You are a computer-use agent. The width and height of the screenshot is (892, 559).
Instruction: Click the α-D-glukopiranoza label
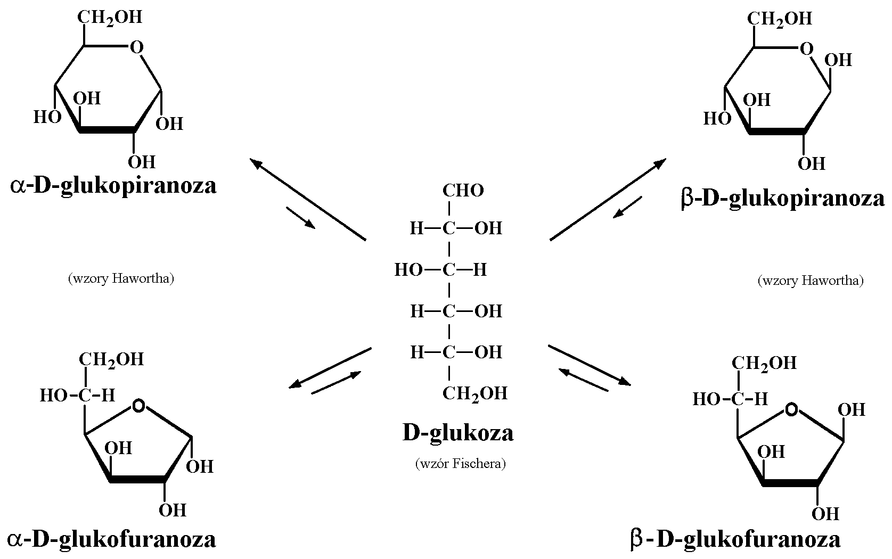click(x=113, y=186)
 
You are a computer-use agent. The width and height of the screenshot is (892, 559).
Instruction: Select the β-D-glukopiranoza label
click(x=783, y=199)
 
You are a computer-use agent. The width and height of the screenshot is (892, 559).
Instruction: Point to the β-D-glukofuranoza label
click(x=735, y=539)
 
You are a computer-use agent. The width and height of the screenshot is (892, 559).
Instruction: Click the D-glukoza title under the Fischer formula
click(x=458, y=432)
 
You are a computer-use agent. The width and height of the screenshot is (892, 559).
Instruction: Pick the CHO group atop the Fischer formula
click(x=463, y=191)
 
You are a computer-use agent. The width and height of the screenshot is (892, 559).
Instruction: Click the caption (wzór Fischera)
click(x=460, y=464)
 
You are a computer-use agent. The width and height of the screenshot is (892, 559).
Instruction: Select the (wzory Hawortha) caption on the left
click(x=121, y=278)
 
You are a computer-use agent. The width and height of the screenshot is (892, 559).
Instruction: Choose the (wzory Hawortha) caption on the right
click(x=811, y=281)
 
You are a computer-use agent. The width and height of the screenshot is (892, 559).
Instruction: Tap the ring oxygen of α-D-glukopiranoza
click(x=137, y=48)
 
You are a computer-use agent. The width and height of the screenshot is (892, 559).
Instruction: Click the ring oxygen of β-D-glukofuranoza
click(x=792, y=409)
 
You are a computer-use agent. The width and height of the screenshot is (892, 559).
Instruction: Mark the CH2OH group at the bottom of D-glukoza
click(x=474, y=393)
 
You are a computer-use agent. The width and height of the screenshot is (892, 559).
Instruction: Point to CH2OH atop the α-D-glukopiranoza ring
click(x=110, y=18)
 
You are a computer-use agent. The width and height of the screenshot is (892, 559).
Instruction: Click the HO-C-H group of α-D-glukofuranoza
click(x=78, y=395)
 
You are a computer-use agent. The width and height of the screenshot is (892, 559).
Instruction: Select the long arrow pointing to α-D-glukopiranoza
click(x=308, y=199)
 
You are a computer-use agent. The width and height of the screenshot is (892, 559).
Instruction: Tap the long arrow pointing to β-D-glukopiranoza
click(x=608, y=199)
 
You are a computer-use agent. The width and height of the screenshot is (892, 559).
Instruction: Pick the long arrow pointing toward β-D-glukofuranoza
click(x=589, y=365)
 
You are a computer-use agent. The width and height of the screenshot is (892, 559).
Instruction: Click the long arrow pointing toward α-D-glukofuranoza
click(x=330, y=368)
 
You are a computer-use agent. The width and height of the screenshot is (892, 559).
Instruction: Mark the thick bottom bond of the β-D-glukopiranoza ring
click(x=777, y=131)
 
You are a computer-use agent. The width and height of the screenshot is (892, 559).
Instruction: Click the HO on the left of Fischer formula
click(x=408, y=270)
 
